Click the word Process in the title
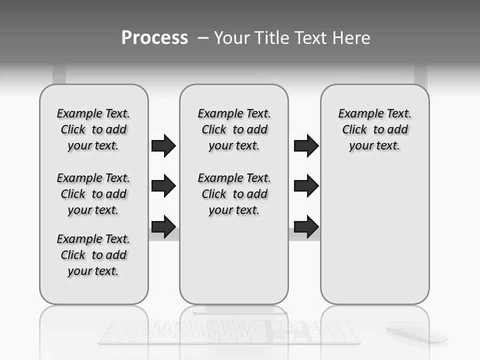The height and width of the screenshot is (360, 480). (x=154, y=38)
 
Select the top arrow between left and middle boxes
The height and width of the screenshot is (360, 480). (x=163, y=145)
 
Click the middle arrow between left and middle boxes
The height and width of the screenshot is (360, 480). (x=163, y=186)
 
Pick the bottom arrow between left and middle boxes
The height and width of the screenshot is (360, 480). (x=163, y=226)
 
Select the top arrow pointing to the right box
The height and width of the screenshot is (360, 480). (x=306, y=145)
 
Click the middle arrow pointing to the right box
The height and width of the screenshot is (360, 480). (x=306, y=186)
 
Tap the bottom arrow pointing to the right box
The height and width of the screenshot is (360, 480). (x=306, y=226)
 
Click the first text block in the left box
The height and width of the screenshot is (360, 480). (x=93, y=129)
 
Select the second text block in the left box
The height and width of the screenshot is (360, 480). (x=93, y=194)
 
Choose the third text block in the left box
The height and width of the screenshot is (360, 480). (x=93, y=255)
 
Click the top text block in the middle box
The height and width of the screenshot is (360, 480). (x=234, y=129)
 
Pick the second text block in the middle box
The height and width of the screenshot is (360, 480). (x=234, y=194)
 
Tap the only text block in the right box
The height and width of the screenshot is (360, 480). (x=374, y=129)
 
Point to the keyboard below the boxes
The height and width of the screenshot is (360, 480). (x=229, y=332)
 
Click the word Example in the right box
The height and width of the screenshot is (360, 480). (x=357, y=114)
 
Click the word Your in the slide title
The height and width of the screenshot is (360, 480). (x=230, y=38)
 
